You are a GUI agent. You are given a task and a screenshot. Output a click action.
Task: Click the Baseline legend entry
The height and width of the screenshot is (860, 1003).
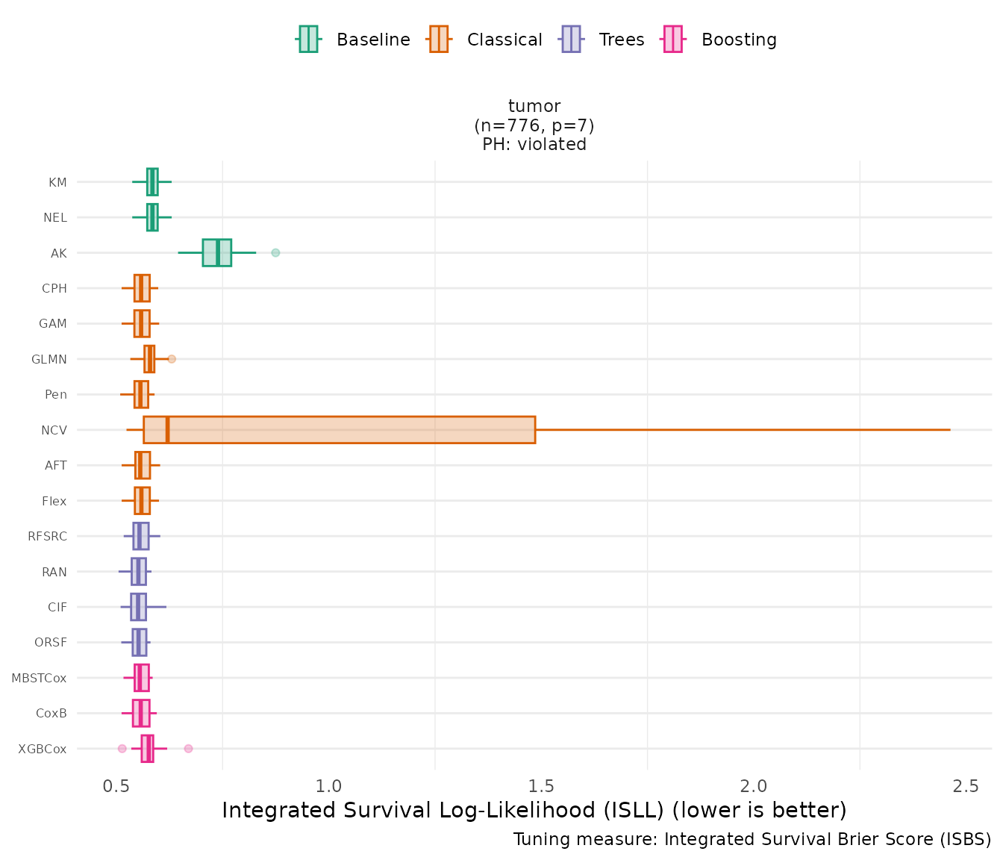coord(354,40)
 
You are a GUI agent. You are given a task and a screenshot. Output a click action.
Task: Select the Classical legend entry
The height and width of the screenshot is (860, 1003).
coord(485,40)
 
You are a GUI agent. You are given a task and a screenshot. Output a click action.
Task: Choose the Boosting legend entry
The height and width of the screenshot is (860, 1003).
coord(720,40)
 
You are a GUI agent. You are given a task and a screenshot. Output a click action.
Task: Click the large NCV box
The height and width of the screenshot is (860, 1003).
coord(340,430)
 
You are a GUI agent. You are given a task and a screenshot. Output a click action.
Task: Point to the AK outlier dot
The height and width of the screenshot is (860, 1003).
coord(275,253)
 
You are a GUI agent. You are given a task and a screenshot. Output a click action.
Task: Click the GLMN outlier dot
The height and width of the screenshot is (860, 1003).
coord(172,359)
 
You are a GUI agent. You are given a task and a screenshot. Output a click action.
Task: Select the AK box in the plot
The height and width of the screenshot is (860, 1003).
coord(216,253)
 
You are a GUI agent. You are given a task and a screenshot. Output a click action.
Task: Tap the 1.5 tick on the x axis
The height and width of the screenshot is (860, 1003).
coord(541,786)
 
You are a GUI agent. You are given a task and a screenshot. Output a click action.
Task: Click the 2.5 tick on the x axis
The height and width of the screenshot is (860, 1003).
coord(966,786)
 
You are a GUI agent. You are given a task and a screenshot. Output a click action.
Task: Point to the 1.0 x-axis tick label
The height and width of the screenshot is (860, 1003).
coord(328,786)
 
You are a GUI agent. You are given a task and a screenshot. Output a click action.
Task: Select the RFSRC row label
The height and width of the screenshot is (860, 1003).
coord(47,537)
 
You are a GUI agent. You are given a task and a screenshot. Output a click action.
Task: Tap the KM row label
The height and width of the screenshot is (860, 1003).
coord(57,182)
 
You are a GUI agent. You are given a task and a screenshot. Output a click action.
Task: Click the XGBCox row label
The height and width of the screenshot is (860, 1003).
coord(43,749)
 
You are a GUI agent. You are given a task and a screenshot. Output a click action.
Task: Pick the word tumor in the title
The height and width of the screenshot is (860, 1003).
coord(534,106)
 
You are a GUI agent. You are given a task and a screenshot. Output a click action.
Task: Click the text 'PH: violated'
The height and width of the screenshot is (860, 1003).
coord(534,144)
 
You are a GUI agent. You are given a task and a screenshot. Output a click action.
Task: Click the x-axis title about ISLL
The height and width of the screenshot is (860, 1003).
coord(534,811)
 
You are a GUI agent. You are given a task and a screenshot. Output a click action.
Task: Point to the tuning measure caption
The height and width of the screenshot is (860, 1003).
coord(752,840)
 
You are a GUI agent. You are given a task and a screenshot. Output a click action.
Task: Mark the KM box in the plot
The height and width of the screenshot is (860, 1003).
coord(152,182)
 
